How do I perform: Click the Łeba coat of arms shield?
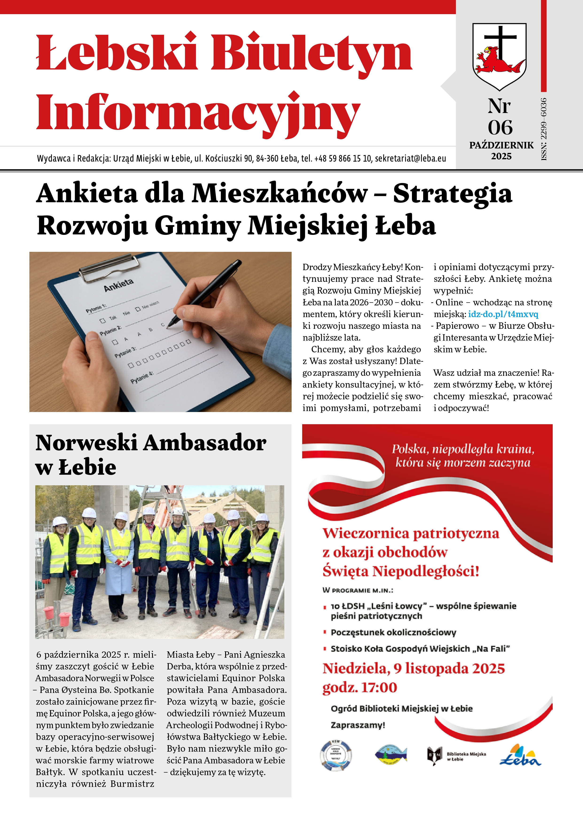pyautogui.click(x=499, y=56)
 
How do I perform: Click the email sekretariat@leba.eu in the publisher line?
pyautogui.click(x=410, y=158)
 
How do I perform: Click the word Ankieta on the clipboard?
pyautogui.click(x=118, y=285)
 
